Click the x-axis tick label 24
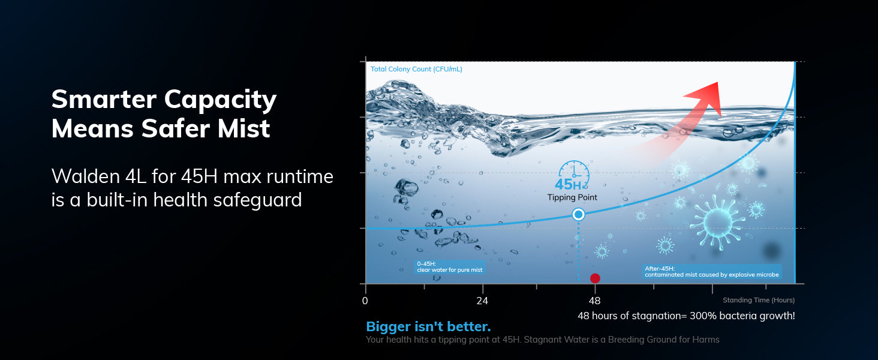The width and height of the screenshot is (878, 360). (482, 301)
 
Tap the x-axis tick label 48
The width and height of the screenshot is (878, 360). (594, 301)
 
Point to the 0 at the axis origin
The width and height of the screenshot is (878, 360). (365, 301)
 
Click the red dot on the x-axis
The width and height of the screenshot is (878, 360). (595, 278)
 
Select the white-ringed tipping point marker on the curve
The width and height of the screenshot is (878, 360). (579, 215)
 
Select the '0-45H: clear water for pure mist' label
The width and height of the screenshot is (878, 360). (450, 267)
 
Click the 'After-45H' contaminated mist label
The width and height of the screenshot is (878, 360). (711, 271)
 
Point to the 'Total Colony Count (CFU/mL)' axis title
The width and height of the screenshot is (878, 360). (416, 69)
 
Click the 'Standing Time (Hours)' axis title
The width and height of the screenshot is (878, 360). (759, 300)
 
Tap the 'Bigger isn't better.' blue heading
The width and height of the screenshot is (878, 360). (428, 326)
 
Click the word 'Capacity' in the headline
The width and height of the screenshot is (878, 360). (220, 100)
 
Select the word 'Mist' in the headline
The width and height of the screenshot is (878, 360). (244, 128)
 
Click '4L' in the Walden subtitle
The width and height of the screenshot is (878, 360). (136, 176)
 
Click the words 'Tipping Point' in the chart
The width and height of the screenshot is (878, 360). (572, 197)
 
